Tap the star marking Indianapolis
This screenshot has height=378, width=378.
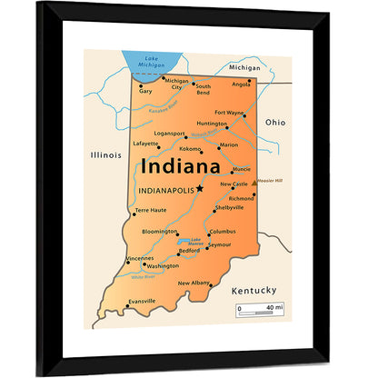(200, 189)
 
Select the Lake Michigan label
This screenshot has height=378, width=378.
(152, 63)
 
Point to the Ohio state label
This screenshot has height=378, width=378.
(274, 122)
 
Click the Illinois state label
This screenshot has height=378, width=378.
(105, 154)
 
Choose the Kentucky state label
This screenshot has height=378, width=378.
(254, 290)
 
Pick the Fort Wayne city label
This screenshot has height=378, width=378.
(229, 113)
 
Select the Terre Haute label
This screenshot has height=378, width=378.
(151, 210)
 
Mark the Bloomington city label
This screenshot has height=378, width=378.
(160, 232)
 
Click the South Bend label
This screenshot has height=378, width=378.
(203, 89)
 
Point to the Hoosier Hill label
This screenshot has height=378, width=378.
(271, 180)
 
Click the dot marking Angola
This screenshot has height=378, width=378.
(249, 80)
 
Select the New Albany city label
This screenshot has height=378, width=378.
(193, 283)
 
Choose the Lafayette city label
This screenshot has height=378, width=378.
(145, 143)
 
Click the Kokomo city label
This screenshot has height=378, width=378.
(190, 148)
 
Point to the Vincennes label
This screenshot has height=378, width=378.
(139, 258)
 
